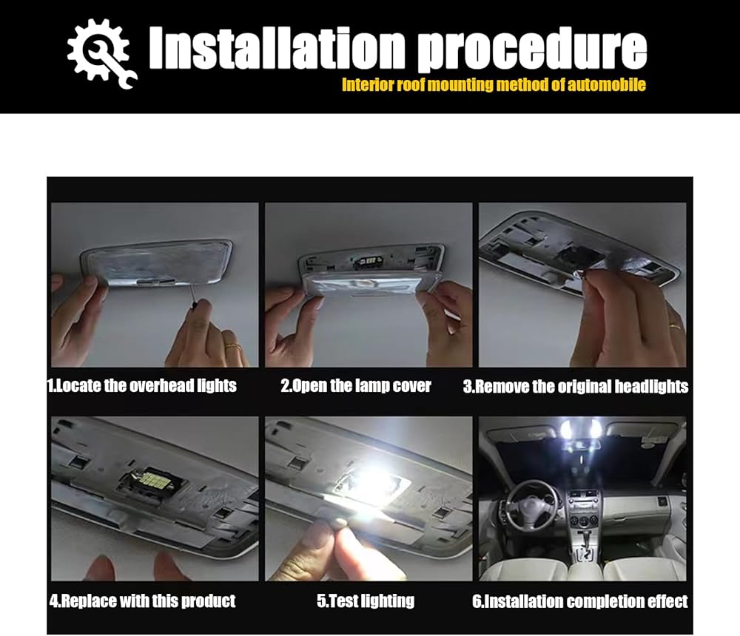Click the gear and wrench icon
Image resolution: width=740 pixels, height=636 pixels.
[101, 53]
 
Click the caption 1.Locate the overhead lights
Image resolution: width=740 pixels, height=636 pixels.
[142, 385]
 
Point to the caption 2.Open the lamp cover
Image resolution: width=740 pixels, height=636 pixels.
[356, 385]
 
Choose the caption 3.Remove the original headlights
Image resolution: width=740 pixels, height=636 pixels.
[575, 387]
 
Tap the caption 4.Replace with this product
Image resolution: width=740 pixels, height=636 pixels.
[142, 601]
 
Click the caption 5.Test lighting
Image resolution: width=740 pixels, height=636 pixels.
[366, 601]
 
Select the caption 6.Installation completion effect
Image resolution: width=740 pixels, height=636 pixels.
[579, 601]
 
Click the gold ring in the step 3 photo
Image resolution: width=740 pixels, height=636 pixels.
[675, 325]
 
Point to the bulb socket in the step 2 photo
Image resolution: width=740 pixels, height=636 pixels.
[369, 260]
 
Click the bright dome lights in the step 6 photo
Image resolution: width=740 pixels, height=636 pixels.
[580, 430]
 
